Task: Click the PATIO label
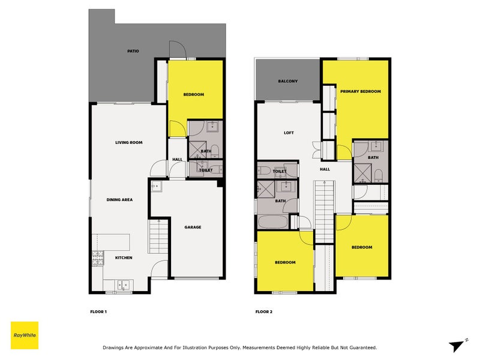point(133,51)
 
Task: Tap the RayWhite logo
point(25,335)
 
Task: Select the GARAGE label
point(193,227)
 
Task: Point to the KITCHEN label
point(124,258)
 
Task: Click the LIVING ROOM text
point(128,142)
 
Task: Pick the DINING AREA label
point(119,199)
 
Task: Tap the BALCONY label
point(288,81)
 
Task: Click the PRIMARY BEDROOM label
point(361,91)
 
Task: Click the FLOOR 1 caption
point(98,312)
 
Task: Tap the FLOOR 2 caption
point(264,312)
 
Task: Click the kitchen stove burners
point(98,259)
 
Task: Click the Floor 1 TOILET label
point(206,170)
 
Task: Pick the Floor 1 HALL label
point(178,159)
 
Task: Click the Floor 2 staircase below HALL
point(324,210)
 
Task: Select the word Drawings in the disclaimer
point(116,347)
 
